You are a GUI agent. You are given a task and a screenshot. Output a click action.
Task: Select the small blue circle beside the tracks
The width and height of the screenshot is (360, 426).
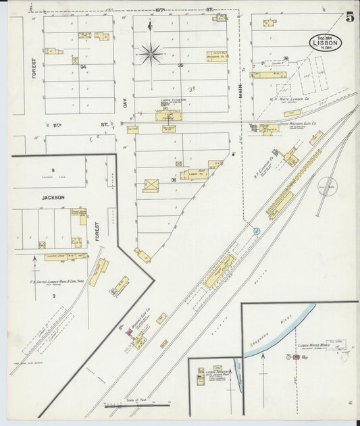(257, 232)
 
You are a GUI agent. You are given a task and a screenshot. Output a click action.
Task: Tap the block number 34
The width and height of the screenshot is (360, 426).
(84, 68)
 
